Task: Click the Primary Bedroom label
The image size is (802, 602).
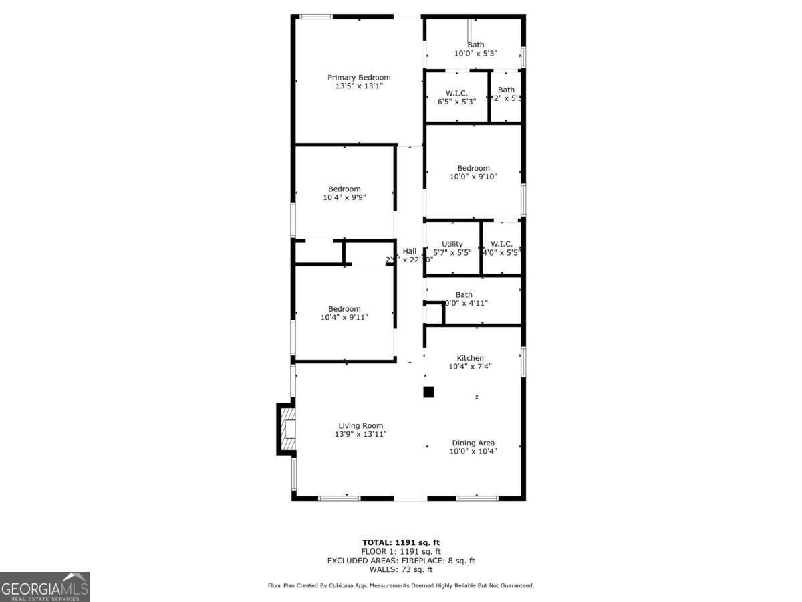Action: tap(359, 78)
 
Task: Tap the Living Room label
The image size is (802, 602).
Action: tap(360, 426)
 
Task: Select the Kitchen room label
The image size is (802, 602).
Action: tap(470, 358)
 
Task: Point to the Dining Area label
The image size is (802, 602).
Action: tap(473, 443)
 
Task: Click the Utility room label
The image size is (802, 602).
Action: tap(452, 244)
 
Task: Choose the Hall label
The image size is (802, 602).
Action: tap(409, 251)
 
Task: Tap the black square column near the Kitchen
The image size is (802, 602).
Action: tap(429, 392)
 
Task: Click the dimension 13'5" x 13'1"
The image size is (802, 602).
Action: tap(359, 86)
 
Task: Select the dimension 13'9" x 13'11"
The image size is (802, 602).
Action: tap(360, 435)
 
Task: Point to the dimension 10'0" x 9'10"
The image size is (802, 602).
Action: tap(473, 177)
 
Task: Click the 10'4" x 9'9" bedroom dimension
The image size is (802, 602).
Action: tap(344, 197)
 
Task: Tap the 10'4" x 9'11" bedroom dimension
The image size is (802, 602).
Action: tap(344, 317)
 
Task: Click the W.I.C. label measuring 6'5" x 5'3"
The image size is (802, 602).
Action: tap(456, 93)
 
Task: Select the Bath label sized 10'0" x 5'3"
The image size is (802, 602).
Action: tap(476, 45)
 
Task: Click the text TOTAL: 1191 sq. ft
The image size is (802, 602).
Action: tap(401, 542)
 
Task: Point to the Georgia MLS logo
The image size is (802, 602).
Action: tap(45, 587)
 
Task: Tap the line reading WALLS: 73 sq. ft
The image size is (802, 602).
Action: tap(401, 569)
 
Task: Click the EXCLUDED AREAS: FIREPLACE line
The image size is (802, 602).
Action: tap(401, 561)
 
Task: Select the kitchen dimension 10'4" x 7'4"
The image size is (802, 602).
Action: tap(470, 367)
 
